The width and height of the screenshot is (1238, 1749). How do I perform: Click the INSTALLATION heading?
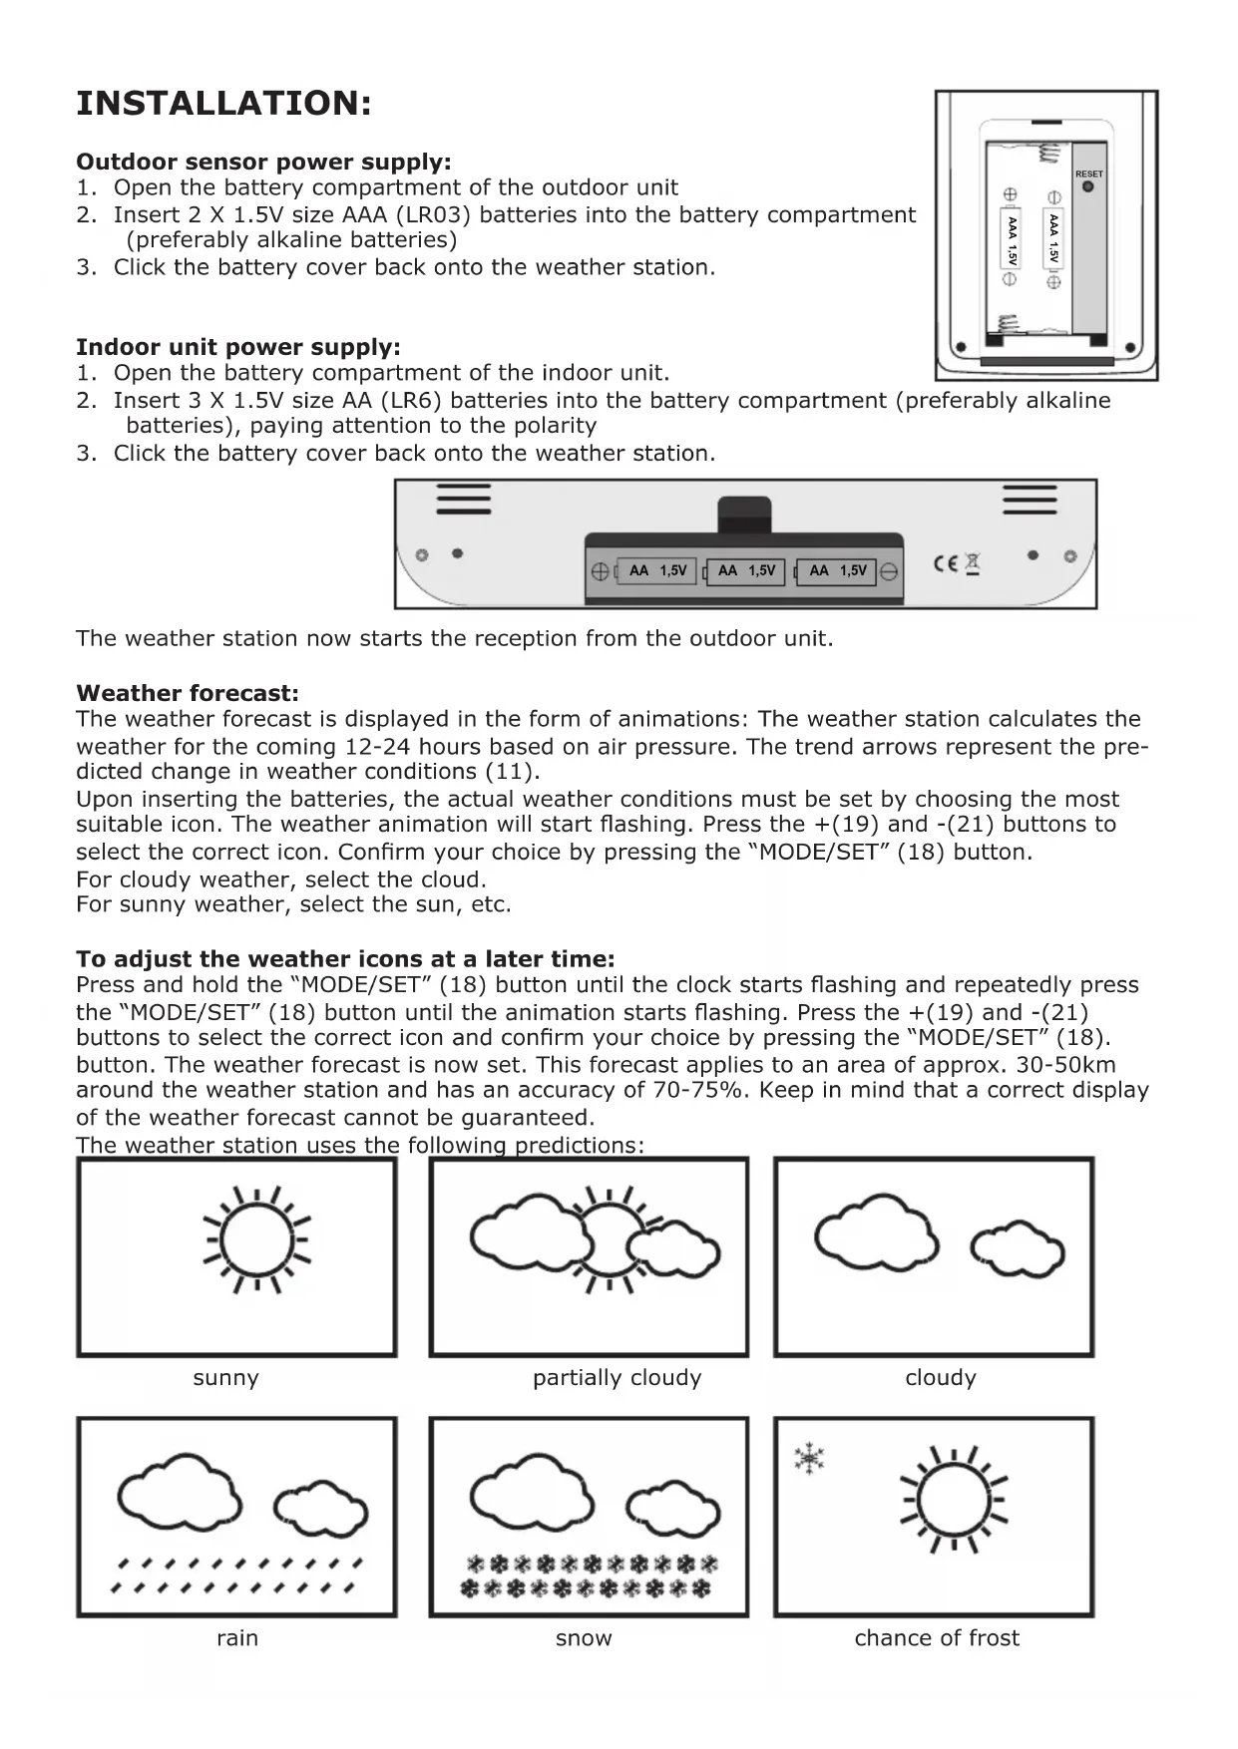(x=223, y=104)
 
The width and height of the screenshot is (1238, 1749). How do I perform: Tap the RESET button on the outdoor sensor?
(x=1087, y=185)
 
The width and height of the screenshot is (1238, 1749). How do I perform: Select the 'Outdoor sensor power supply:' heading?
(x=263, y=162)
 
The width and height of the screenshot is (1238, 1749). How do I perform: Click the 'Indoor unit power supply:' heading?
(x=238, y=347)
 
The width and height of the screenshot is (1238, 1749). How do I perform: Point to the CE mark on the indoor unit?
(x=945, y=563)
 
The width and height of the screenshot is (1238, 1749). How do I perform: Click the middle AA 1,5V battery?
(x=745, y=571)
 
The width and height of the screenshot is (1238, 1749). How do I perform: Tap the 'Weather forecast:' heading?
(x=188, y=693)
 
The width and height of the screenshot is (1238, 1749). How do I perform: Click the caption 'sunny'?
(x=225, y=1378)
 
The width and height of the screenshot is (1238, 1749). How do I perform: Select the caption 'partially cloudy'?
(x=617, y=1378)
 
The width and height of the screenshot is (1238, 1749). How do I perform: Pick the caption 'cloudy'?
(x=940, y=1378)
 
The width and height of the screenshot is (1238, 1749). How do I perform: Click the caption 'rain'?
(x=236, y=1638)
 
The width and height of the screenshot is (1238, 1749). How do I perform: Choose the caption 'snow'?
(x=584, y=1638)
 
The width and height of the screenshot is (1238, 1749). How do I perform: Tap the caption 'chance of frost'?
(x=937, y=1638)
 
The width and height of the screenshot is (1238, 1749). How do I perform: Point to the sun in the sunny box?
(x=257, y=1240)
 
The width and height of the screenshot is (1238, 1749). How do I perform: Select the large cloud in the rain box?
(x=180, y=1496)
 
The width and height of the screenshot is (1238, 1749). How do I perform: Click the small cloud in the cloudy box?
(x=1018, y=1250)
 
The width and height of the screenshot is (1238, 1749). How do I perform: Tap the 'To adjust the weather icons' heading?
(x=345, y=959)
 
